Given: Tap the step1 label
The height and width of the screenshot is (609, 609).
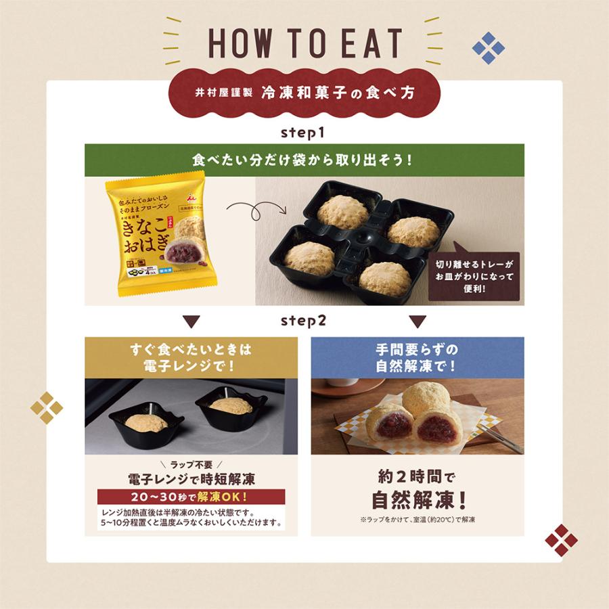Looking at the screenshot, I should pos(304,133).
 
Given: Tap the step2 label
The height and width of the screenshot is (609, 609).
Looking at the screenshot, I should pos(304,321).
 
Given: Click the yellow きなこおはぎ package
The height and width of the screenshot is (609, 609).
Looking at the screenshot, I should pos(157,237).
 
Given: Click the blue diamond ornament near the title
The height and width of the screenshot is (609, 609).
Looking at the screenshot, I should pos(488,48).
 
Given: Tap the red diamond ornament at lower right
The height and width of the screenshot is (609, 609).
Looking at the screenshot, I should pos(561,540).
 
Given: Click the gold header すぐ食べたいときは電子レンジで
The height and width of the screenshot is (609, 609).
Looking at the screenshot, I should pos(191,358).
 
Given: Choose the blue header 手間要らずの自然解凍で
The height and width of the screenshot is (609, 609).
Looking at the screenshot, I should pos(417,358).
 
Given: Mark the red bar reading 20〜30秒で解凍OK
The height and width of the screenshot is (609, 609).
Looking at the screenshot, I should pos(191,497).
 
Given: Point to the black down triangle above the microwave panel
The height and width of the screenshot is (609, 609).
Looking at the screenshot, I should pos(191,321).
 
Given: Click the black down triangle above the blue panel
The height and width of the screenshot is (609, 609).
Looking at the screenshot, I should pos(418,321).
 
